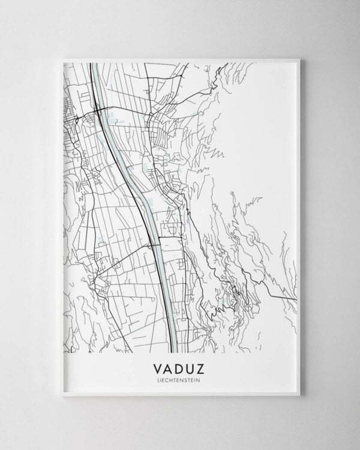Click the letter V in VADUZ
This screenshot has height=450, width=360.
(x=158, y=367)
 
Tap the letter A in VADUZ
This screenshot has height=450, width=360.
(x=169, y=367)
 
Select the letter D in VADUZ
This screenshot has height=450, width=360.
(x=181, y=367)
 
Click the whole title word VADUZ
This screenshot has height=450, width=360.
(x=180, y=367)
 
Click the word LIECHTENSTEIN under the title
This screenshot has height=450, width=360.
(x=180, y=379)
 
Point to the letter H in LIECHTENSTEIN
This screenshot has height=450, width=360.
(x=173, y=379)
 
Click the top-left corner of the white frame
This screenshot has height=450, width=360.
(x=62, y=59)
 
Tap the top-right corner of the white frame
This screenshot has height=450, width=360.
(x=299, y=59)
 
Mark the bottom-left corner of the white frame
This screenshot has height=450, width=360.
(x=62, y=395)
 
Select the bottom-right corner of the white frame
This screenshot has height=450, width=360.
(x=299, y=395)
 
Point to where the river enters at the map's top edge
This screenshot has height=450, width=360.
(x=94, y=63)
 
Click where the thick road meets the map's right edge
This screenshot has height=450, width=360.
(x=296, y=298)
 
